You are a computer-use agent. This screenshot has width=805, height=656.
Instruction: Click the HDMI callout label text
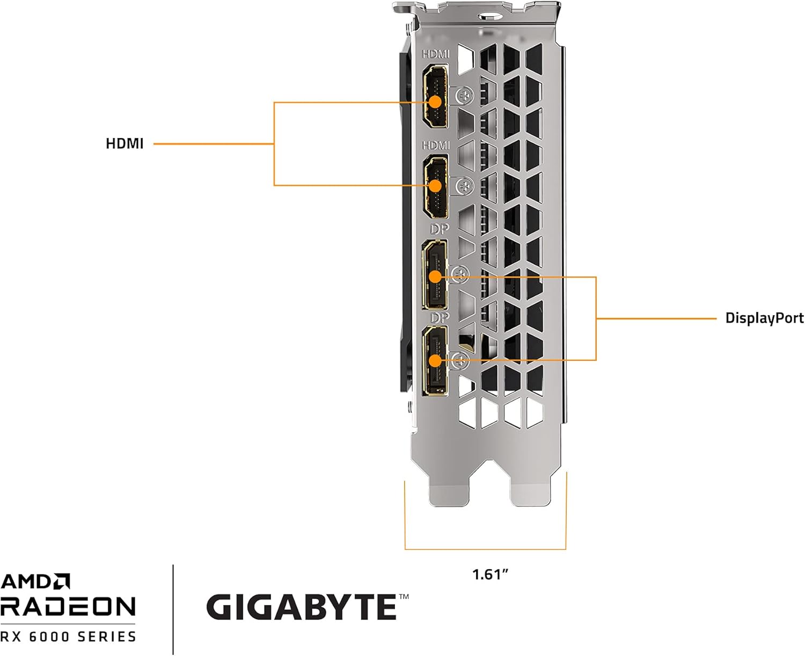pyautogui.click(x=125, y=144)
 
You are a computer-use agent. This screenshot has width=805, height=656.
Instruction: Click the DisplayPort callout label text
pyautogui.click(x=764, y=318)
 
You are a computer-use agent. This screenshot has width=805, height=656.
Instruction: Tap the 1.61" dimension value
pyautogui.click(x=490, y=574)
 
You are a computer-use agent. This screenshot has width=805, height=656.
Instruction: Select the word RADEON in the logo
pyautogui.click(x=68, y=607)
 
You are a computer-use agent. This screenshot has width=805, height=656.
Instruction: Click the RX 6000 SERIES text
pyautogui.click(x=68, y=637)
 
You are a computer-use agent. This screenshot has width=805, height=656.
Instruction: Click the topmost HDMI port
pyautogui.click(x=435, y=97)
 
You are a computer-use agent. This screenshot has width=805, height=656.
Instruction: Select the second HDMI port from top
pyautogui.click(x=436, y=185)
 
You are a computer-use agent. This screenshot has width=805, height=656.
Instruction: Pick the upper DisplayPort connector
pyautogui.click(x=435, y=275)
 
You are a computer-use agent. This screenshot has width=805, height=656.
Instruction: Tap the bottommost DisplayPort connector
pyautogui.click(x=435, y=361)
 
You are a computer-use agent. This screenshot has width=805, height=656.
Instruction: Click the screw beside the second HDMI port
pyautogui.click(x=464, y=187)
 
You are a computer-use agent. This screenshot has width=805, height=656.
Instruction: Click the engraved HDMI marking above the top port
pyautogui.click(x=435, y=54)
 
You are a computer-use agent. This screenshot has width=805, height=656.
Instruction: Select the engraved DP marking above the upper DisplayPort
pyautogui.click(x=439, y=229)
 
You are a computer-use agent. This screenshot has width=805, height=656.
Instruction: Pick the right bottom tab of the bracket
pyautogui.click(x=531, y=491)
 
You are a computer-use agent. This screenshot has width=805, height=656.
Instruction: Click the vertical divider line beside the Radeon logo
pyautogui.click(x=173, y=609)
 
